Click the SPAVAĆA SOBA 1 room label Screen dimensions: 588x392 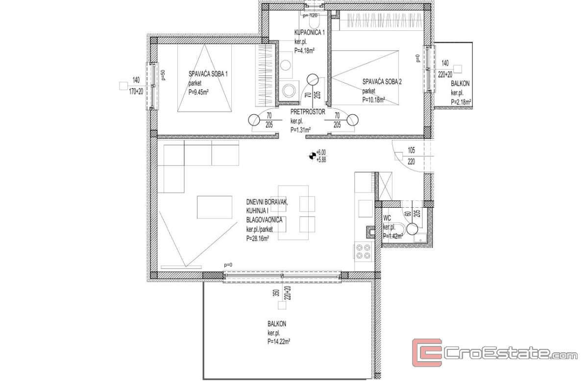point(208,74)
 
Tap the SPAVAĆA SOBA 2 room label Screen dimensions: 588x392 point(382,82)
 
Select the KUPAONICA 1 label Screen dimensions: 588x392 point(310,32)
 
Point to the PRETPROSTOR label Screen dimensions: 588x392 point(308,112)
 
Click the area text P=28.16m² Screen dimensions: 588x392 point(258,239)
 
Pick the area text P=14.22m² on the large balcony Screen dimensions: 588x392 point(279,342)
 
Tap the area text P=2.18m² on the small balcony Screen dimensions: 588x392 point(461,102)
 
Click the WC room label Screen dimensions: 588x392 point(387,218)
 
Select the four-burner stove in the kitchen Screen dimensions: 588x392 point(363,252)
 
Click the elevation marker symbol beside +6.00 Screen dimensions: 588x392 point(312,156)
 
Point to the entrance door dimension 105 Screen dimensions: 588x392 point(411,150)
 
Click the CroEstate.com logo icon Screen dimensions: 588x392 point(427,353)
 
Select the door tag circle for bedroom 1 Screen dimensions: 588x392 point(254,120)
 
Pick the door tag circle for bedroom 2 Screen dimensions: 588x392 point(352,120)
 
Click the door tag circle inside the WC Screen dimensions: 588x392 point(412,229)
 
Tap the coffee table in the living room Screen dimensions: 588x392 point(215,207)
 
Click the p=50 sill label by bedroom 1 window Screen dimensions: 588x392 point(163,75)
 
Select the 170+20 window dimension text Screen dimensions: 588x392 point(136,91)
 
